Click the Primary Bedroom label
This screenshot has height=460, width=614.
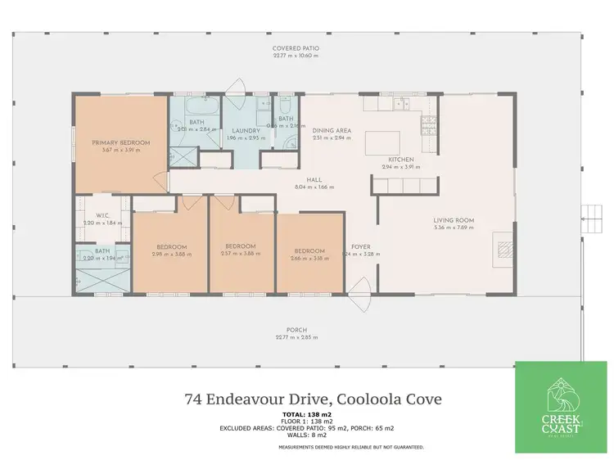pyautogui.click(x=122, y=142)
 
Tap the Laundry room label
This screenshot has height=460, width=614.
pyautogui.click(x=246, y=131)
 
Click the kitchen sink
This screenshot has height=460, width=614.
pyautogui.click(x=403, y=104)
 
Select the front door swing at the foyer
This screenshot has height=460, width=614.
pyautogui.click(x=359, y=306)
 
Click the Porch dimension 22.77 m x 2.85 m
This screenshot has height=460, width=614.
pyautogui.click(x=296, y=337)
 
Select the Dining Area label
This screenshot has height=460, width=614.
pyautogui.click(x=332, y=131)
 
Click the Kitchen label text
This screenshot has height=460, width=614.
pyautogui.click(x=400, y=159)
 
